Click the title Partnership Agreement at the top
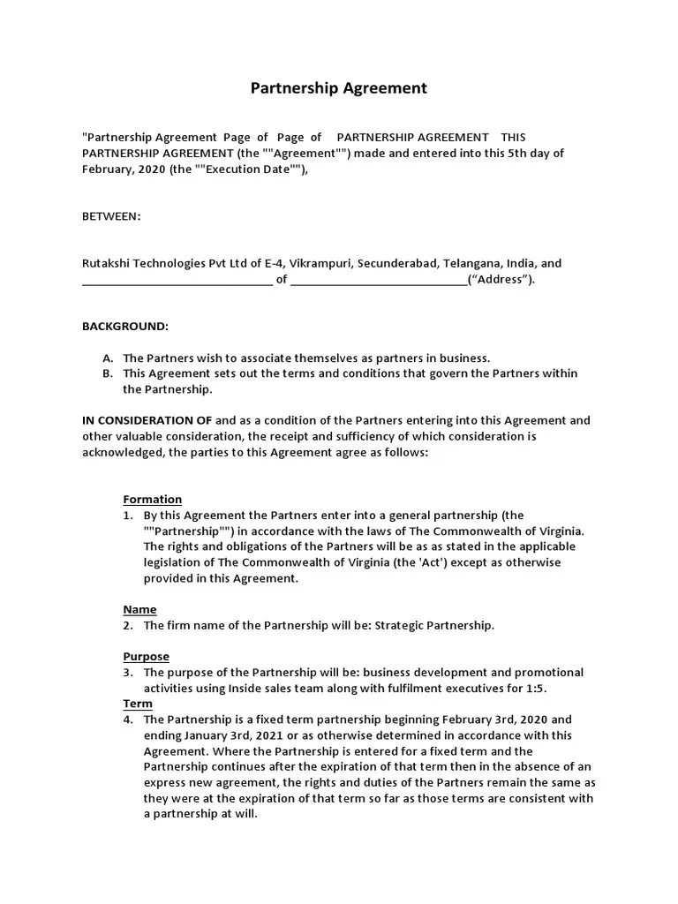pyautogui.click(x=338, y=88)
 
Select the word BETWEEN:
pyautogui.click(x=111, y=216)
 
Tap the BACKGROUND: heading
pyautogui.click(x=124, y=327)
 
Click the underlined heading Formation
pyautogui.click(x=152, y=500)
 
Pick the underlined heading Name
pyautogui.click(x=139, y=610)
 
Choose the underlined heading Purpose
pyautogui.click(x=146, y=658)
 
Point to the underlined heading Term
pyautogui.click(x=137, y=704)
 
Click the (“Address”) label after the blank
pyautogui.click(x=502, y=281)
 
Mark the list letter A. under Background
pyautogui.click(x=108, y=358)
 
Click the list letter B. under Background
pyautogui.click(x=108, y=374)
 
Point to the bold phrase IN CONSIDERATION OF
pyautogui.click(x=147, y=421)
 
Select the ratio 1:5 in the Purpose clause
pyautogui.click(x=548, y=689)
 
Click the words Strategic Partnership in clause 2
pyautogui.click(x=433, y=626)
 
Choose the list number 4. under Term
pyautogui.click(x=128, y=720)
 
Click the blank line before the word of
pyautogui.click(x=177, y=282)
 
